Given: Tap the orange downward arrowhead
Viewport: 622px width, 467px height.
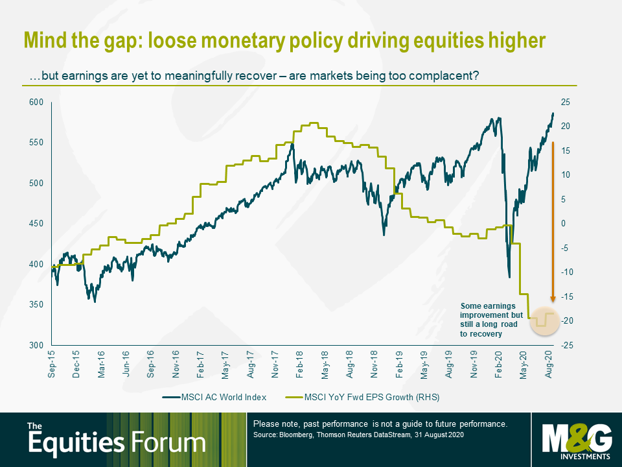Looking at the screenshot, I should point(553,299).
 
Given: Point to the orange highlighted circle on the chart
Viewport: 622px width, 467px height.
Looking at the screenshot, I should point(544,320).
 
